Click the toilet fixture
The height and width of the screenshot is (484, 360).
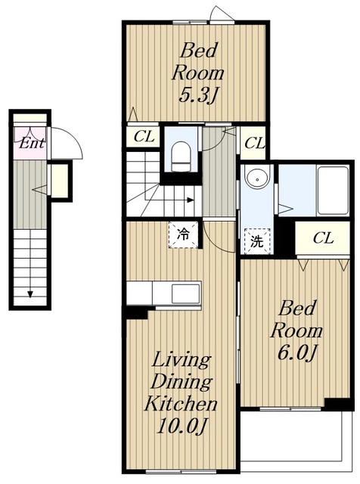click(x=180, y=157)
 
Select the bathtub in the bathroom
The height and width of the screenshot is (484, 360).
click(x=334, y=190)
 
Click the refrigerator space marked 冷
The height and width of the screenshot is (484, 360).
click(x=183, y=234)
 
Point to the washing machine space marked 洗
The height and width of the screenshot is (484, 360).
click(x=257, y=241)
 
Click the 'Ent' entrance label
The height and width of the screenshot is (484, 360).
click(x=32, y=143)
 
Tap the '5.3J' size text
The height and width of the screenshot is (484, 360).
click(x=197, y=96)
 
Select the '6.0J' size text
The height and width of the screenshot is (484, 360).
click(x=297, y=352)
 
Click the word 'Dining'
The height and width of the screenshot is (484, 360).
click(x=182, y=382)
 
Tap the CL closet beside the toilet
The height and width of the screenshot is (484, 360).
click(x=143, y=136)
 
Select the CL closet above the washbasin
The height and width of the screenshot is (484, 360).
click(x=254, y=143)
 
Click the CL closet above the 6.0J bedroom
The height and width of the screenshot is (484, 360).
click(x=323, y=238)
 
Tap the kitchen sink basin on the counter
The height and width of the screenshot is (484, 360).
click(x=185, y=293)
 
